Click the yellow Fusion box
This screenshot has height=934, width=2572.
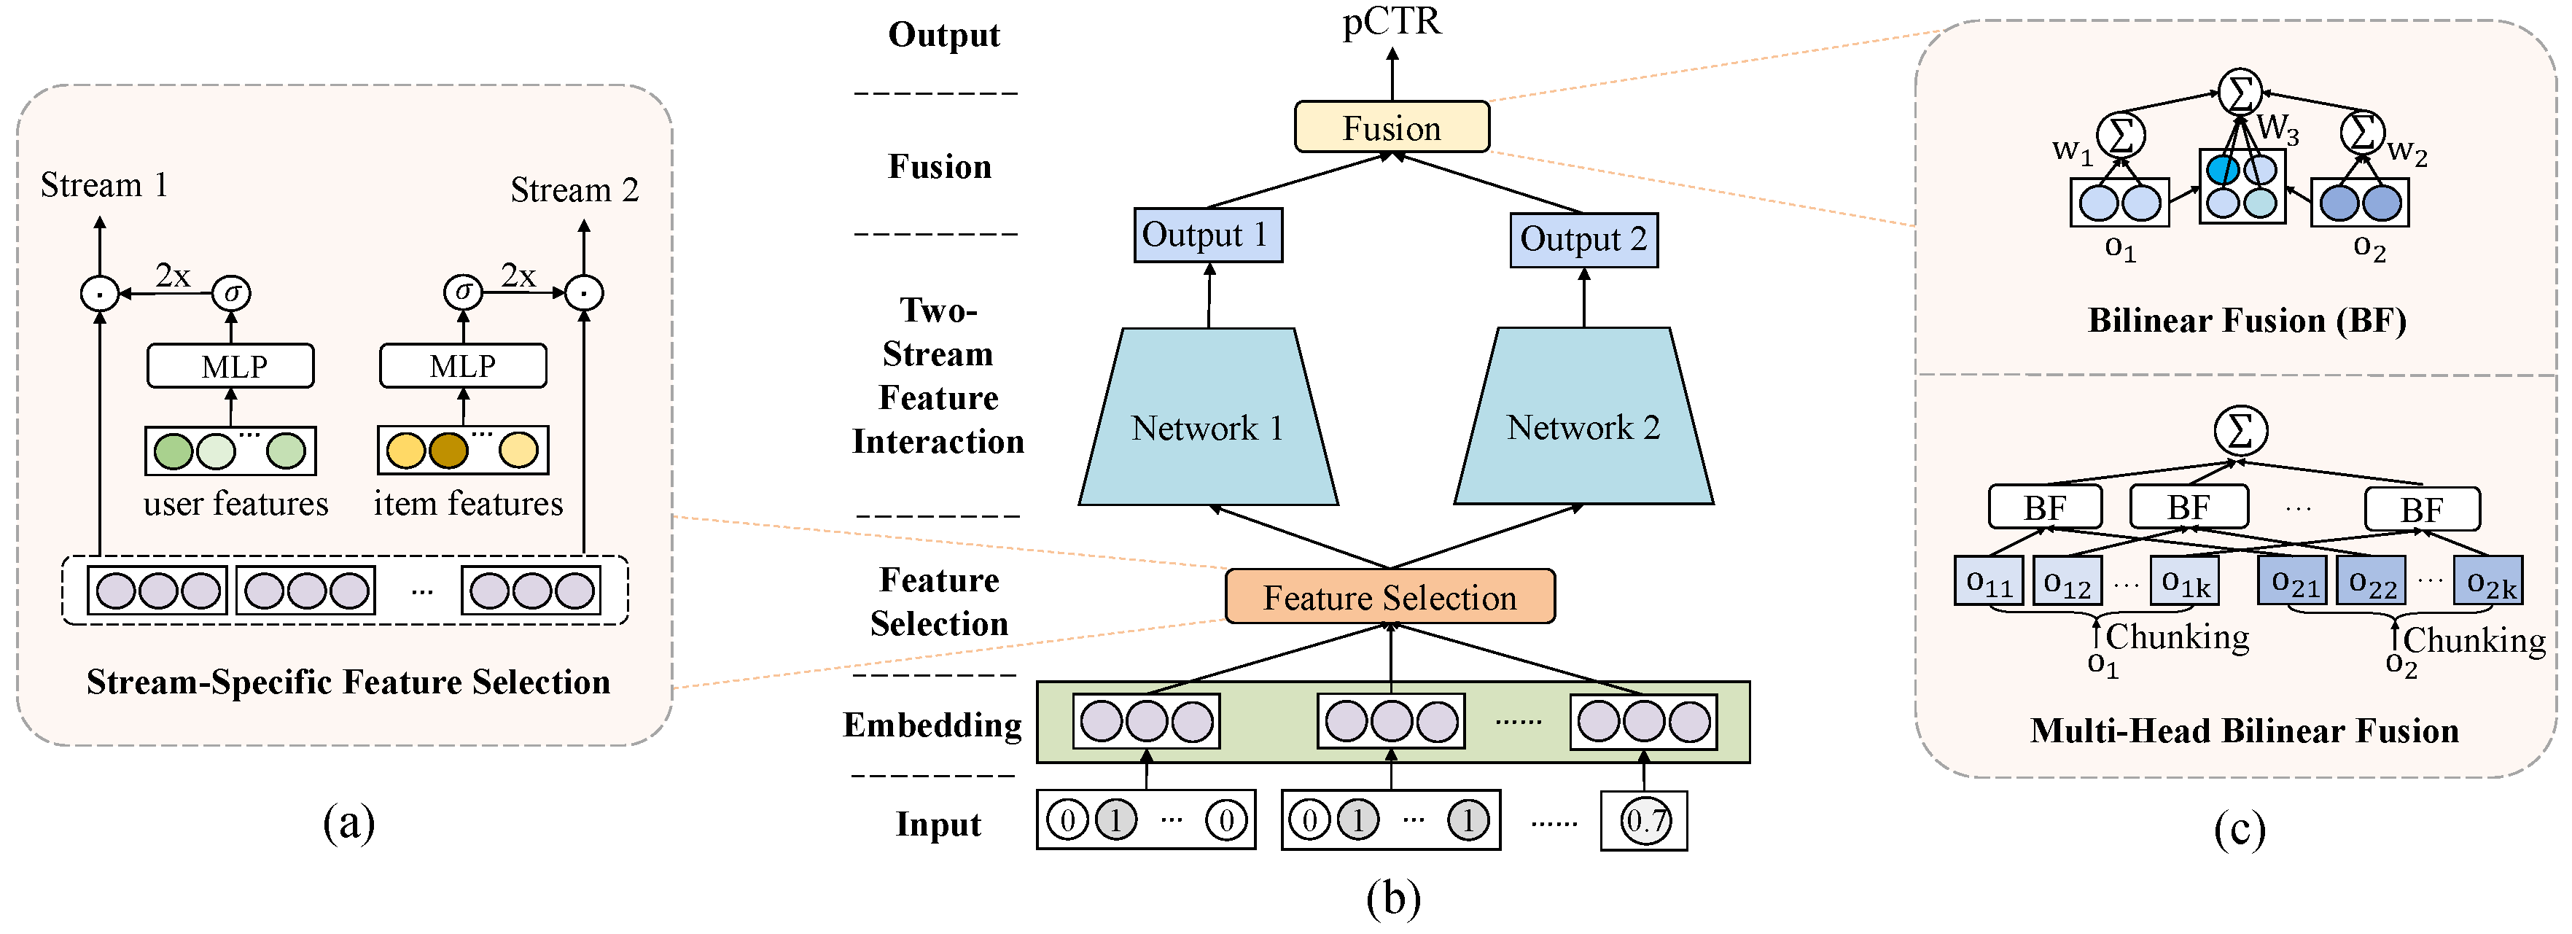1391,127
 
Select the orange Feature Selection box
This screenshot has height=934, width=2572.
1389,596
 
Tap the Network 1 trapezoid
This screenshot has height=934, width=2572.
1207,427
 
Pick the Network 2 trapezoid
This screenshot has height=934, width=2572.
1583,427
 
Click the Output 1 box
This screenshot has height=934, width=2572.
1207,235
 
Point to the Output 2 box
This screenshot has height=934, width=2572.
1583,240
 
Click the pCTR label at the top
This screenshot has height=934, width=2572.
1391,22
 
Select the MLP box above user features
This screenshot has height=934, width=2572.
230,365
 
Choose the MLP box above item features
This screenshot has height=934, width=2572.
462,365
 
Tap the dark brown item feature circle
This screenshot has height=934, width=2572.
448,451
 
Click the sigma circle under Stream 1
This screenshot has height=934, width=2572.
232,292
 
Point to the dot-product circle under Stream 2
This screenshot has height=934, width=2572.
584,292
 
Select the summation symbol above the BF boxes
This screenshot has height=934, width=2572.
2240,430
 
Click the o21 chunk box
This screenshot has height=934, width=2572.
2293,581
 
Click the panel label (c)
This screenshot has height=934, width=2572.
2239,829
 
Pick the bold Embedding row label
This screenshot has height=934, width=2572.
932,725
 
